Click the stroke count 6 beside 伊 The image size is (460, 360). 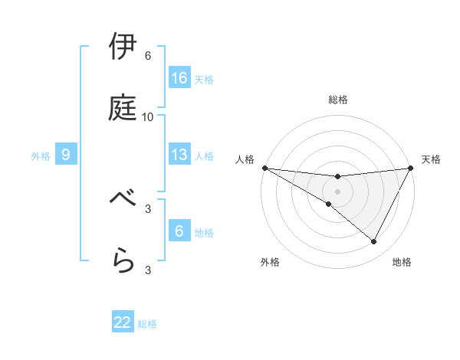148,56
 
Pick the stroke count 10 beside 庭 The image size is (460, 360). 148,117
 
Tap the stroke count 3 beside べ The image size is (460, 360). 148,208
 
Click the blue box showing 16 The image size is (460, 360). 179,78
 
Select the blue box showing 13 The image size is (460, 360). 179,155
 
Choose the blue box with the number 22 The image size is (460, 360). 123,323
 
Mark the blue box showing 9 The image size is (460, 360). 66,155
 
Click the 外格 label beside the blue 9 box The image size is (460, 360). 41,156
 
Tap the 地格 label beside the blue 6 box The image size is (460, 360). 204,233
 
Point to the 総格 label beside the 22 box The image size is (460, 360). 147,325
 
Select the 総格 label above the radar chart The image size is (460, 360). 338,100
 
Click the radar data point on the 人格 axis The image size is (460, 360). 264,168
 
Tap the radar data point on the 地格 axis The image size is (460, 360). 374,242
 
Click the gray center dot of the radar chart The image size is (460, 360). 338,191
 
